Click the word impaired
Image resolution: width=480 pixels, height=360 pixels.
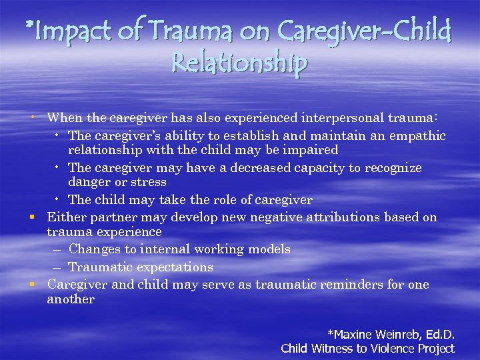[313, 150]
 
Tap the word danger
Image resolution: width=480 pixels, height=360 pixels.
[89, 183]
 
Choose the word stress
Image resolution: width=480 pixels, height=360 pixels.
[149, 182]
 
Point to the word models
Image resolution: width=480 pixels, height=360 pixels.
[268, 249]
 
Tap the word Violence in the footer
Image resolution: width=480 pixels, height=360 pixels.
[383, 348]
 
